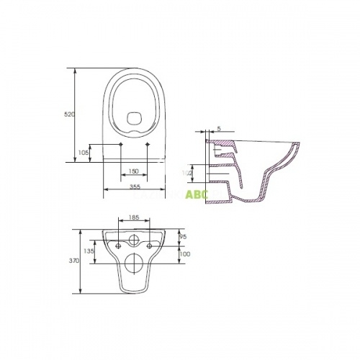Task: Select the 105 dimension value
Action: click(x=84, y=153)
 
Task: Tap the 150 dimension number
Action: click(x=134, y=172)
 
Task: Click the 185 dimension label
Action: click(x=133, y=216)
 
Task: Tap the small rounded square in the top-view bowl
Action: click(x=134, y=117)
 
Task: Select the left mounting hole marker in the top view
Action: click(x=120, y=145)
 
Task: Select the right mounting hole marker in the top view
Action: click(x=148, y=145)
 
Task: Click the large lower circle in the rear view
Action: click(x=134, y=264)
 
